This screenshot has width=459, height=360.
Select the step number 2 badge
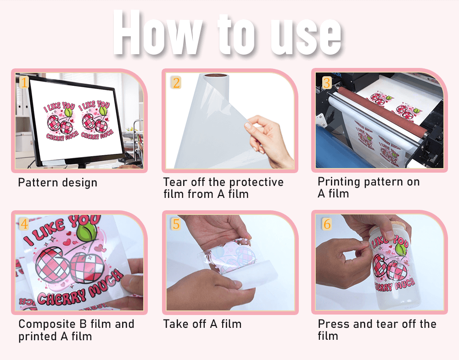[x=176, y=83]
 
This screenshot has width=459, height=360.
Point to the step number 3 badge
[x=326, y=83]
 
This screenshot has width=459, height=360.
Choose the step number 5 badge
[x=176, y=224]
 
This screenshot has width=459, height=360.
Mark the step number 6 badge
[x=326, y=224]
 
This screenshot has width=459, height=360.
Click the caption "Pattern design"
[x=57, y=183]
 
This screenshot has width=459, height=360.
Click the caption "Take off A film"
[x=202, y=324]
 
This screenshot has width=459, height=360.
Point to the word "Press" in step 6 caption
[x=334, y=324]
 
